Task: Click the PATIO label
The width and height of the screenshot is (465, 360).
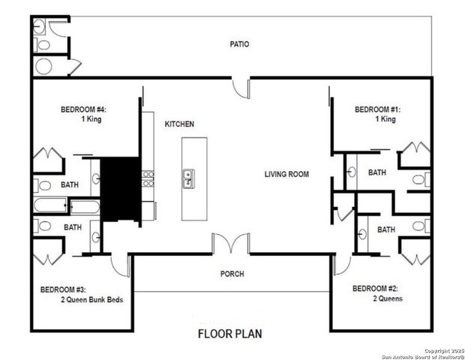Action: tap(239, 44)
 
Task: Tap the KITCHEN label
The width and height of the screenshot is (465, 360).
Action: tap(179, 124)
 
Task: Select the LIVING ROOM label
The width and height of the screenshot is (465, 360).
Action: tap(286, 175)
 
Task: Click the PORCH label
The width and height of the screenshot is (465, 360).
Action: tap(232, 274)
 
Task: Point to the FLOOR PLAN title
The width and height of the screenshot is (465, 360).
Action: tap(230, 333)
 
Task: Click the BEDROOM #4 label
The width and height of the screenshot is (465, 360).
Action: tap(83, 109)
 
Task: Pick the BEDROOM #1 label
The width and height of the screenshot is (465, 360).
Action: tap(377, 109)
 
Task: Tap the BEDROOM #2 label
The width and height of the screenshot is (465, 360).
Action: tap(376, 289)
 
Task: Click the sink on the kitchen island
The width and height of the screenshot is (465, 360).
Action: tap(187, 178)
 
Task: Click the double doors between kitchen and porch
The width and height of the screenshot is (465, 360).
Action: tap(230, 244)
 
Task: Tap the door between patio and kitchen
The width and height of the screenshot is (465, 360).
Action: tap(240, 85)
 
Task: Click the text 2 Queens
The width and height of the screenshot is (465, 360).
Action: tap(387, 298)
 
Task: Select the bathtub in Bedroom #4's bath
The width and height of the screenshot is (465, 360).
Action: tap(50, 205)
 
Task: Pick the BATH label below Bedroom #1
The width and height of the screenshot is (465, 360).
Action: tap(376, 173)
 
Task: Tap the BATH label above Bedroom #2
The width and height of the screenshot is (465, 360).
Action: tap(386, 229)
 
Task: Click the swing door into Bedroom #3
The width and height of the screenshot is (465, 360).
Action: tap(120, 264)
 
